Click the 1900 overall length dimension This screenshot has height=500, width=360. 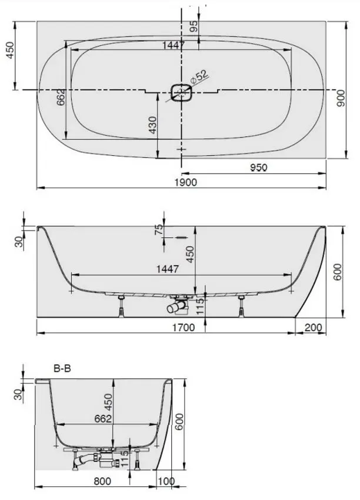tap(186, 182)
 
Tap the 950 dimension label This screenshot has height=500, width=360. tap(258, 168)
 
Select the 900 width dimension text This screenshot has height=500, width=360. tap(341, 98)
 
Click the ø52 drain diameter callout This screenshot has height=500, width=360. tap(199, 77)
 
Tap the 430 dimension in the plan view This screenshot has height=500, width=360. tap(153, 125)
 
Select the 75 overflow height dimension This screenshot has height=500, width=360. tap(158, 229)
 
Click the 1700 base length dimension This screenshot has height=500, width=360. tap(184, 328)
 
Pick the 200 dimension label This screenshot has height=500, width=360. tap(314, 328)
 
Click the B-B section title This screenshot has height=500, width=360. tap(62, 369)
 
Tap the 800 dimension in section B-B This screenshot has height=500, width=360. tap(102, 481)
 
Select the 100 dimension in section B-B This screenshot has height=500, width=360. tap(166, 481)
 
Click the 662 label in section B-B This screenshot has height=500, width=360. tap(103, 419)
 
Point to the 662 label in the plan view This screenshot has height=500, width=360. tap(61, 97)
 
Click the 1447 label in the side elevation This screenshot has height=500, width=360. tap(168, 269)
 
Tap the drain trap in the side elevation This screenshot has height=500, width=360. tap(178, 304)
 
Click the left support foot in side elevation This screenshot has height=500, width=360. tap(121, 306)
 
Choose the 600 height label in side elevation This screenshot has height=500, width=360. tap(338, 272)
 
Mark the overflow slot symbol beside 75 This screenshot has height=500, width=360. tap(181, 238)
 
